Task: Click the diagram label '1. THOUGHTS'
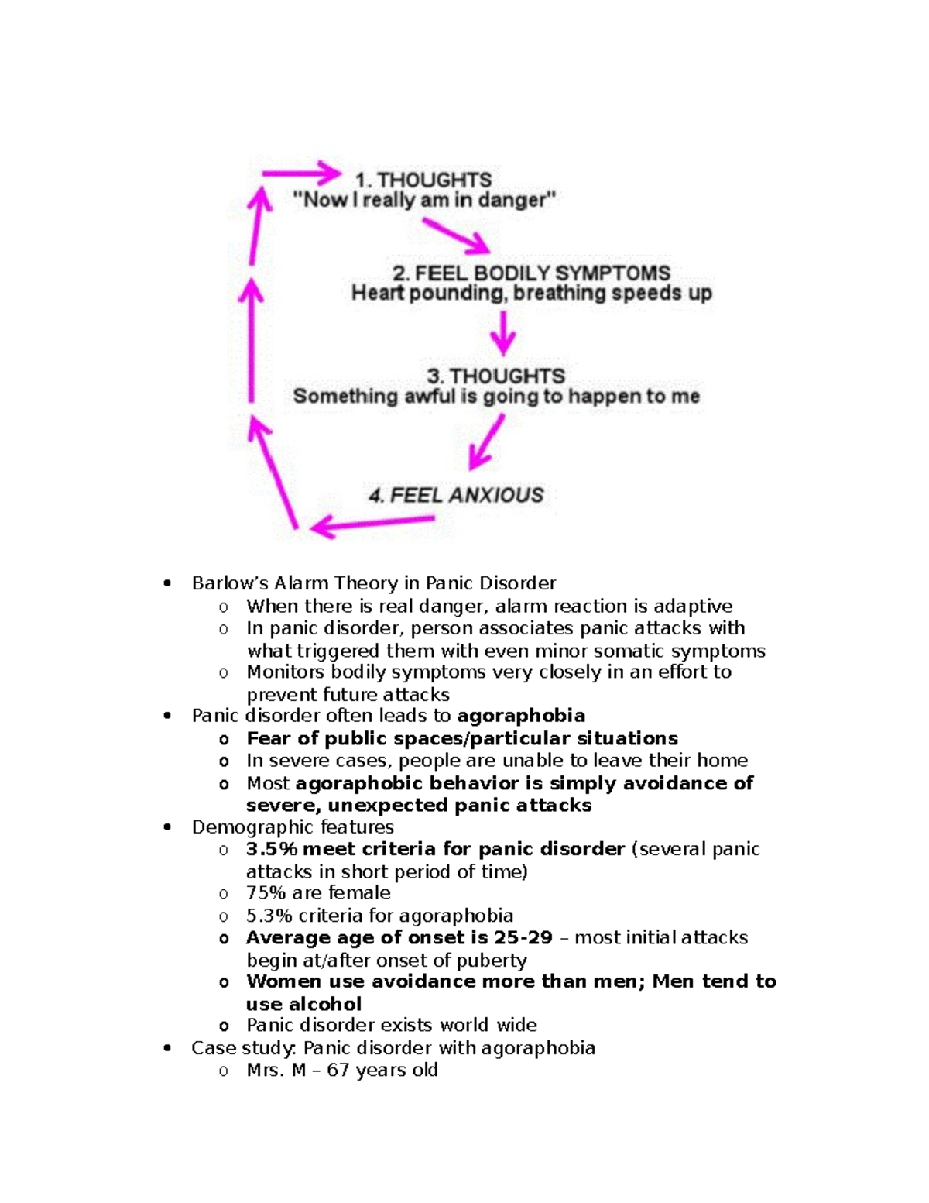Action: coord(423,180)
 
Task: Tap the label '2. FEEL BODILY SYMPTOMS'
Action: coord(531,273)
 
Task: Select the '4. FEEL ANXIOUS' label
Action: coord(456,495)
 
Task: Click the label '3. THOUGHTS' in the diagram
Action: coord(496,376)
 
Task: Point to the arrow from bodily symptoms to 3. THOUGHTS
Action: coord(503,333)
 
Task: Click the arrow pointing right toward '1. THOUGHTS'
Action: coord(302,174)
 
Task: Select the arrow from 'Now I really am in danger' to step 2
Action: coord(456,235)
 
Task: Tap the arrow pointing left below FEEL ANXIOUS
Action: coord(372,524)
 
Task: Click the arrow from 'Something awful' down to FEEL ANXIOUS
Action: coord(486,442)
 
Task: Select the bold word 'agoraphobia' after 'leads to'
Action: coord(521,716)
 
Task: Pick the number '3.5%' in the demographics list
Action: coord(272,850)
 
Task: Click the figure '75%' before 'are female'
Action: coord(266,893)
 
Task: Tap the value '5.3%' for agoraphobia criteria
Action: coord(269,916)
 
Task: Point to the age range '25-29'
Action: coord(523,938)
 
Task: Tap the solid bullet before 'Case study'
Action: coord(167,1049)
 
